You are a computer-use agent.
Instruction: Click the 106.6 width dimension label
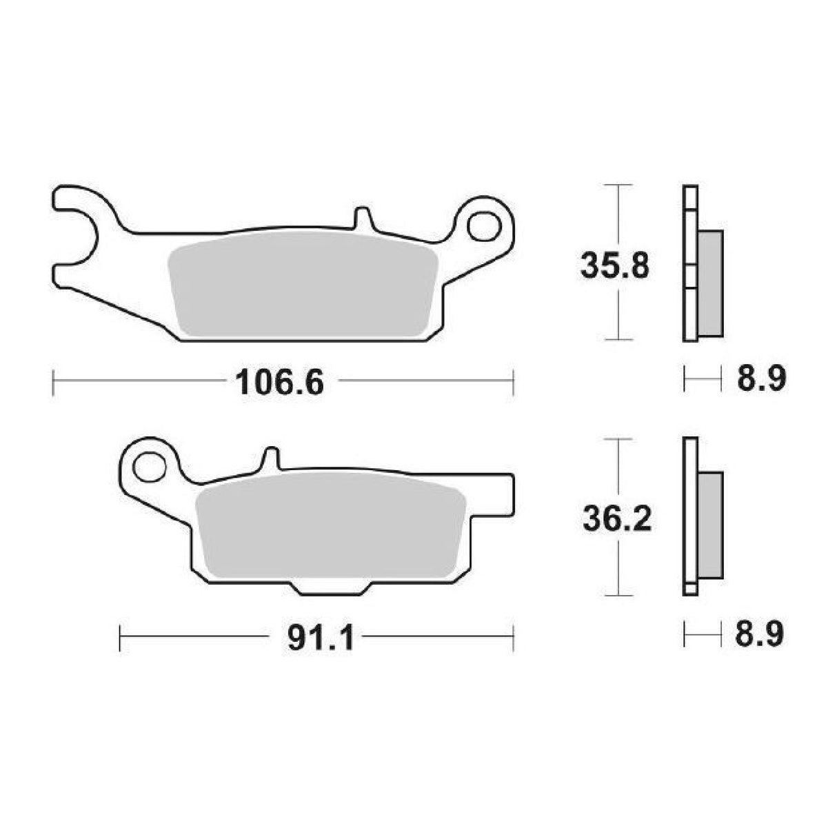point(279,383)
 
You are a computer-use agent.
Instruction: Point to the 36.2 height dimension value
point(616,518)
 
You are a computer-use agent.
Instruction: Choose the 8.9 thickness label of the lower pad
point(758,635)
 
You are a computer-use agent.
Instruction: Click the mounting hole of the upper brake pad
point(485,225)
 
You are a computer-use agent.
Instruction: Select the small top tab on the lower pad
point(272,459)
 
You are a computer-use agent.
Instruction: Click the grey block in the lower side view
point(710,525)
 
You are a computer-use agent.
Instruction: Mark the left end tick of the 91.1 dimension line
point(121,637)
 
